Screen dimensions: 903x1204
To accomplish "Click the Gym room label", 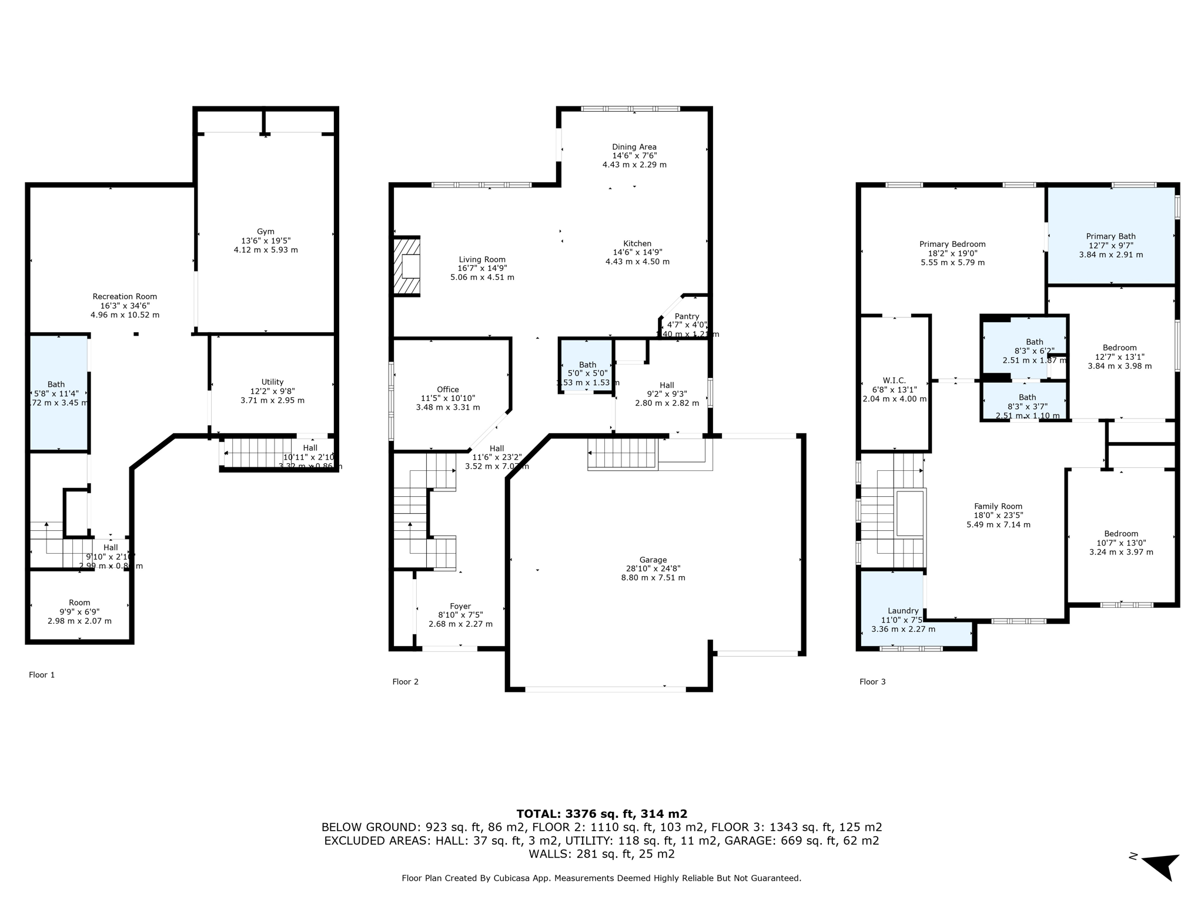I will (266, 232).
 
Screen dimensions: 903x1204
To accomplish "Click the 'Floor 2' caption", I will (405, 682).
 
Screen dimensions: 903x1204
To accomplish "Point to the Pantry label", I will (687, 316).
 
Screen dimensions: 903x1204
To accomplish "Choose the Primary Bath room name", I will (1111, 236).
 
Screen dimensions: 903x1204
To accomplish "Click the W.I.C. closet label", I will (894, 380).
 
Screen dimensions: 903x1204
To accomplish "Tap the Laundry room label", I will (903, 611).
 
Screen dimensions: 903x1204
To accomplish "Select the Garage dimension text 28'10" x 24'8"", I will (653, 568).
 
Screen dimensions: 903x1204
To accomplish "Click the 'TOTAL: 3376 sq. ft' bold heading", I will (601, 814).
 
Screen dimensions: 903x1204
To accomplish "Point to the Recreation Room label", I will (125, 296).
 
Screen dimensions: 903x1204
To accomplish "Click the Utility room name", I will (272, 382).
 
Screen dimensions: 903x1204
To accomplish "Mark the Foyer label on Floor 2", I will (460, 606).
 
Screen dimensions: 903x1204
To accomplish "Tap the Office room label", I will (447, 389).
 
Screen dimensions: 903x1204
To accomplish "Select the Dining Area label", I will (634, 147).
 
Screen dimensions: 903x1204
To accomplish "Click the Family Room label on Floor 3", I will (998, 506).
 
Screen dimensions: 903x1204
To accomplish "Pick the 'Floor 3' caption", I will (872, 682).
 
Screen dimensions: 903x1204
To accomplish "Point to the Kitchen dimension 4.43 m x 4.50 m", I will (637, 262).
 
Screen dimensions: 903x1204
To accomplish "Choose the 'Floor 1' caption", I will (42, 675).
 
